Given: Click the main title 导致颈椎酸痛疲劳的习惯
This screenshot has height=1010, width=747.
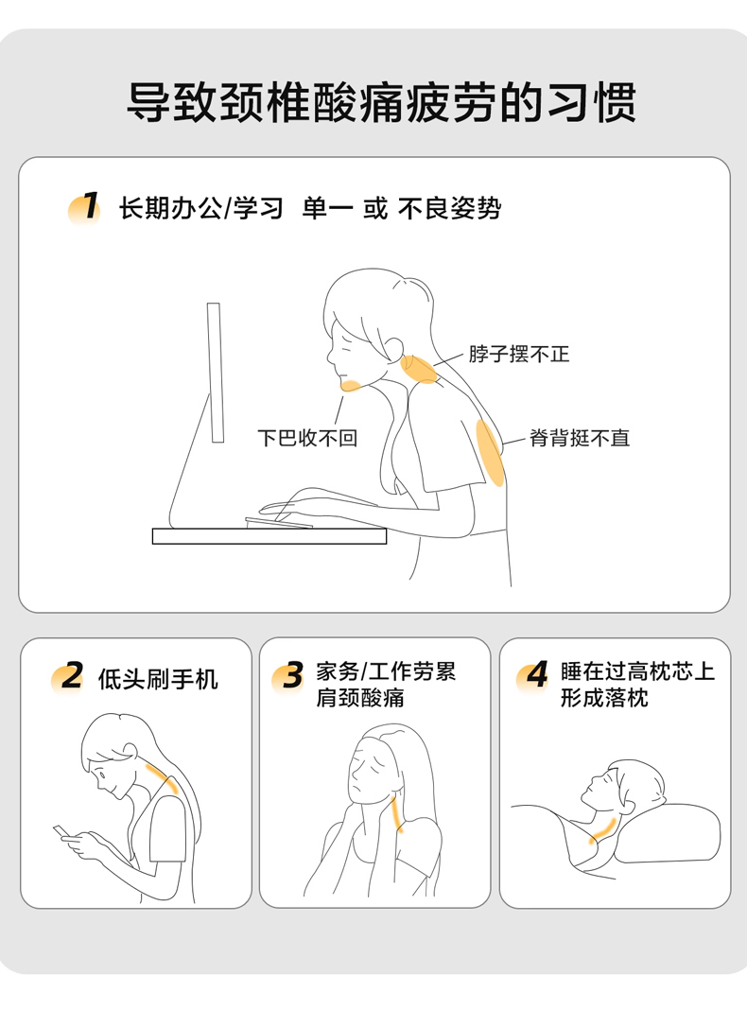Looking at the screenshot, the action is [381, 102].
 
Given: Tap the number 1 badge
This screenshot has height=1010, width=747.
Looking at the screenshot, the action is [85, 208].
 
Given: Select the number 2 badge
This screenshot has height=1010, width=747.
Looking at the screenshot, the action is [68, 677].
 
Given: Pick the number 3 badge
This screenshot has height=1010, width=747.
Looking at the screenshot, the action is [288, 676].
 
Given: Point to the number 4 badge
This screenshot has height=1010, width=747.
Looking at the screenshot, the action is [533, 675].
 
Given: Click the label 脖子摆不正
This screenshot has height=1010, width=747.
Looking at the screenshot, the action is [519, 354].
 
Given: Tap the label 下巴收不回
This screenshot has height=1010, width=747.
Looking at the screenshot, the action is [307, 438].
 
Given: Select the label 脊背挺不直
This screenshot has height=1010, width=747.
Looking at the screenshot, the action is [579, 438].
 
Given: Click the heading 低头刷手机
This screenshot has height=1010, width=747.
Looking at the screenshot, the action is [159, 679].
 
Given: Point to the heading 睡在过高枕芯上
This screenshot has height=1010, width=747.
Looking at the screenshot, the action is [637, 671].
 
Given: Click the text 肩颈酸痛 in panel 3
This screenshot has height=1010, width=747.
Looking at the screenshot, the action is [360, 697].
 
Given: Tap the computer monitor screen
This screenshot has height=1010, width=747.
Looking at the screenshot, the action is [215, 373].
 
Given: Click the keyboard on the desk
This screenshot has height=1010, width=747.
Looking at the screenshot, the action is [278, 522].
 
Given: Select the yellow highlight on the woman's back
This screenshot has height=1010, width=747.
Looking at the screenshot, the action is [491, 453].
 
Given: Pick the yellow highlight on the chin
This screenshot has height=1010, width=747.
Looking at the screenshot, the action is [351, 385].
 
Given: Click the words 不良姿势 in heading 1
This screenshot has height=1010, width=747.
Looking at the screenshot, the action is [449, 208].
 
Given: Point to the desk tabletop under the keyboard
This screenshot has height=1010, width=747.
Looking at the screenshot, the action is [269, 536].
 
